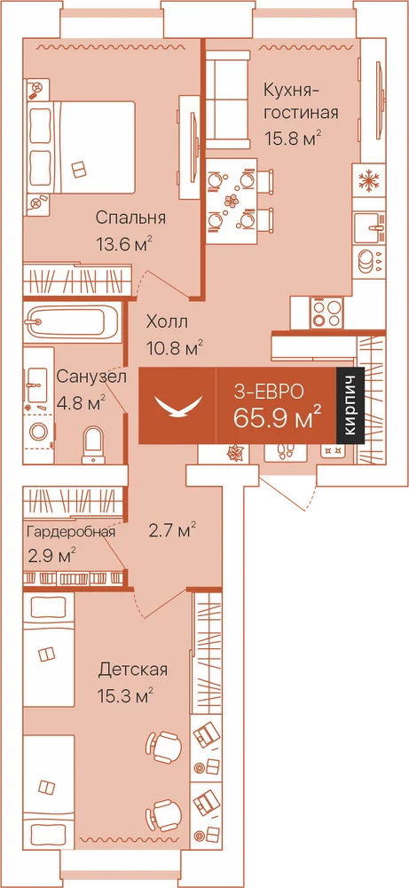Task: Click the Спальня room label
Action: click(130, 218)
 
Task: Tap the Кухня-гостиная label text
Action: click(301, 101)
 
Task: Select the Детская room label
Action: click(133, 670)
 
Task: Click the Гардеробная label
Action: click(71, 532)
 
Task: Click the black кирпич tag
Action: click(349, 405)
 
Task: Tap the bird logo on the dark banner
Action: click(178, 406)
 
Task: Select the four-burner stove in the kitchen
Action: click(326, 313)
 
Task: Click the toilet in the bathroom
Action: click(93, 445)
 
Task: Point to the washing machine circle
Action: click(40, 432)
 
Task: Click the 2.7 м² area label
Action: click(172, 531)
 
